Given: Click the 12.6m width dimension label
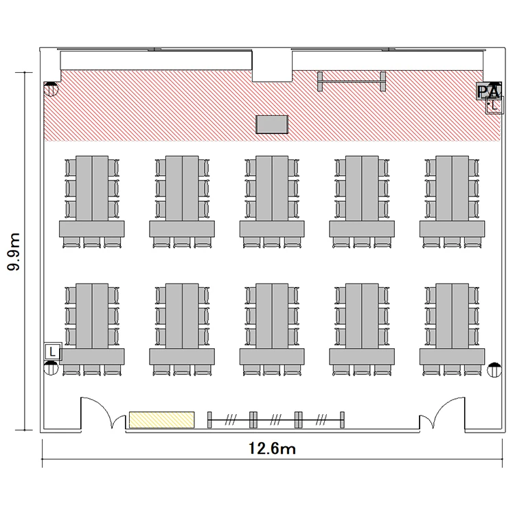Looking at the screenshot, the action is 272,448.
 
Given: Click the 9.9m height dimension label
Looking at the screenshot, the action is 14,251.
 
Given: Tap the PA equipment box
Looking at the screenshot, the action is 489,91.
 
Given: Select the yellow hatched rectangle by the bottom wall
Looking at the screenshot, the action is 161,420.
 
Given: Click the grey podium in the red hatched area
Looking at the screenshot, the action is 272,124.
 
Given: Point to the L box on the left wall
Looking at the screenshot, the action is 53,352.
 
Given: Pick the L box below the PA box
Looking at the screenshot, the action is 494,105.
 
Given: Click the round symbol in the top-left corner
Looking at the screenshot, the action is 51,89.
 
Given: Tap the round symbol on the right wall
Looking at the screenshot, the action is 494,370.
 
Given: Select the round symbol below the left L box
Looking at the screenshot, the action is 51,368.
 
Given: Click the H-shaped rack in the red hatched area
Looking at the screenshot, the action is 352,81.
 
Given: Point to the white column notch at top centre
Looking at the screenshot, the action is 272,65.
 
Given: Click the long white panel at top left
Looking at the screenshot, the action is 156,60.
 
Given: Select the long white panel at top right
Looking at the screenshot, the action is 387,60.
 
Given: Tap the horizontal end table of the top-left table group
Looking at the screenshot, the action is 92,229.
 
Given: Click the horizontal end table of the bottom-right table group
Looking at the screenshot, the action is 453,356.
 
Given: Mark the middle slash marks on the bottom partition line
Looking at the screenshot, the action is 275,420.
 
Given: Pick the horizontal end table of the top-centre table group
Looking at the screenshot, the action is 272,229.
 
